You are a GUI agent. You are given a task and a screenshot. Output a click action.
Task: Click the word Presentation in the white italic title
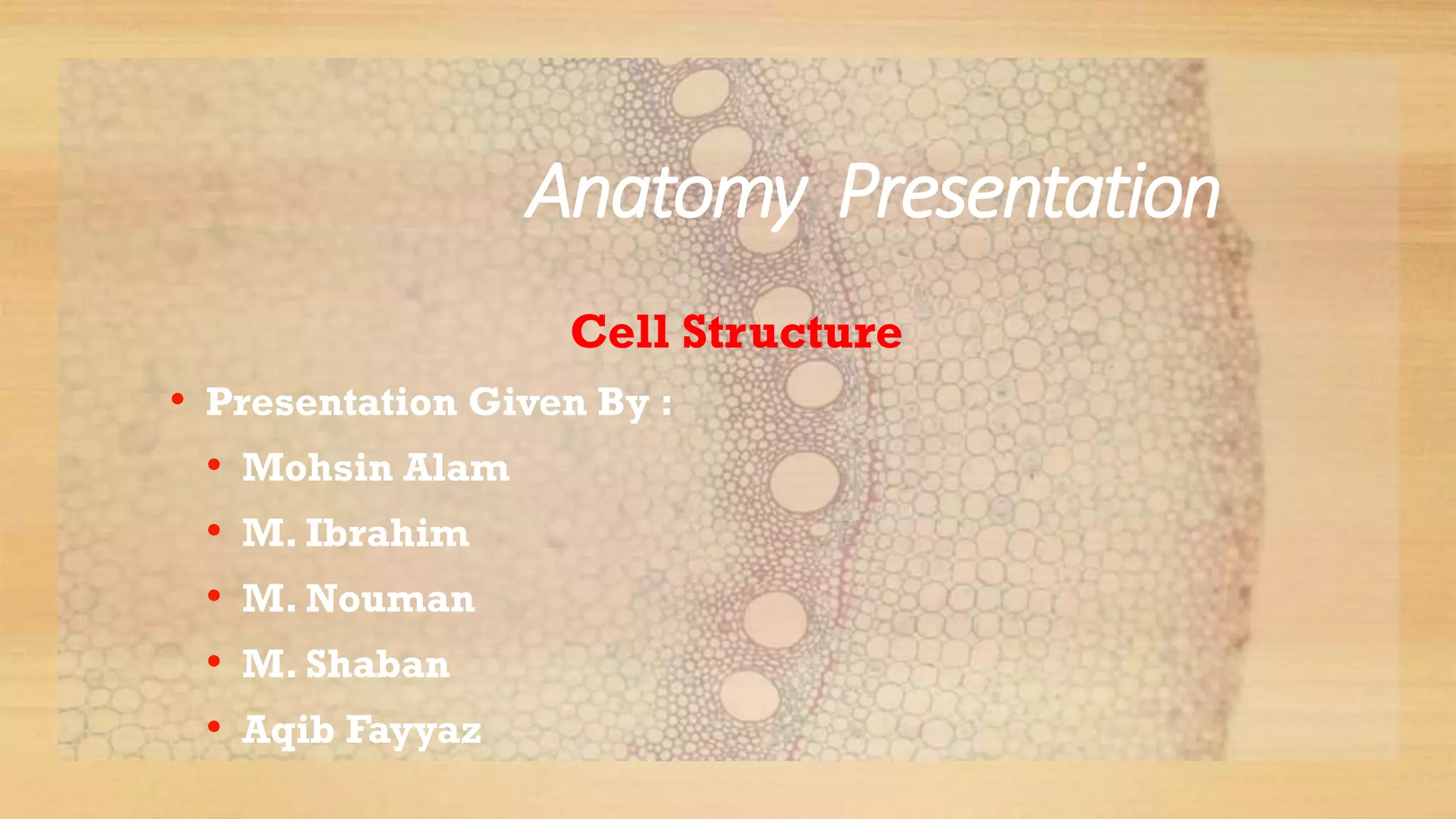[1029, 192]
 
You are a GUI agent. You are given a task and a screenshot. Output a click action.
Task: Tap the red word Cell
[619, 331]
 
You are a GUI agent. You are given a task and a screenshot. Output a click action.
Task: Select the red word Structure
[792, 331]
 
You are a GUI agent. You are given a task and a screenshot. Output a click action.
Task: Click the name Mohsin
[317, 468]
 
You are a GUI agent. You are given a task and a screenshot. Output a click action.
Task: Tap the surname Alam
[456, 468]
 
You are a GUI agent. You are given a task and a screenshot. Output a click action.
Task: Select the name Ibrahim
[387, 533]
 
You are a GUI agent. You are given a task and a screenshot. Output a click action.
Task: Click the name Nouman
[390, 599]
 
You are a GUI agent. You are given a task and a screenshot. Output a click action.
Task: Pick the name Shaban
[378, 664]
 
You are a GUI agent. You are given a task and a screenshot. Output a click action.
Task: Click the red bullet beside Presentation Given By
[178, 400]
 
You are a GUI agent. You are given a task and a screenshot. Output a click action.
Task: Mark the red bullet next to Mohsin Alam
[214, 466]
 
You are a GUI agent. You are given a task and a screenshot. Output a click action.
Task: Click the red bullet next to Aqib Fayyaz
[214, 727]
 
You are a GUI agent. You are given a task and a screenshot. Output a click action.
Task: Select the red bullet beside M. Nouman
[214, 596]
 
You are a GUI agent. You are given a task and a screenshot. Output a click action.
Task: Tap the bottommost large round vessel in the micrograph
[749, 695]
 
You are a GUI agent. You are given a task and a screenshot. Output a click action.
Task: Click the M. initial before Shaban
[268, 664]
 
